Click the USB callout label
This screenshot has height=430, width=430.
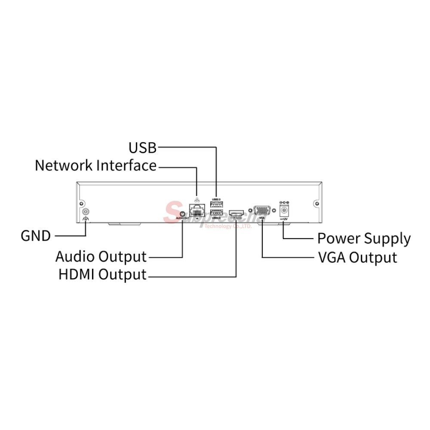coord(143,148)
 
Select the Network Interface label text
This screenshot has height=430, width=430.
coord(95,166)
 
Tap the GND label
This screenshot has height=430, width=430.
coord(36,236)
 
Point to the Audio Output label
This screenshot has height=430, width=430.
coord(101,257)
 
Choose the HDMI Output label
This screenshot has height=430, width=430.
coord(102,275)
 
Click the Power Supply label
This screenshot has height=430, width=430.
coord(364,238)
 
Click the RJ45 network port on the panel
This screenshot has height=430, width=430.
coord(197,211)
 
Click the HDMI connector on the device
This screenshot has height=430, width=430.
coord(236,212)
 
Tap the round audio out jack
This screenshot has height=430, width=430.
coord(182,213)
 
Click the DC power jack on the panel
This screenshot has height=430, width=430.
coord(284,210)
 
